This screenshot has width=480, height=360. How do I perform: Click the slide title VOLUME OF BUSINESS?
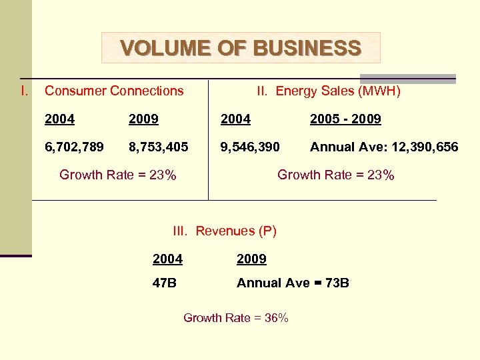(241, 48)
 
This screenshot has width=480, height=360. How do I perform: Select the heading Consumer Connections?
(114, 91)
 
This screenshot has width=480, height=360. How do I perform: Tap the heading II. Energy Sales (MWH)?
(329, 91)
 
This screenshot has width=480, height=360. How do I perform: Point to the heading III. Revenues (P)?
(225, 231)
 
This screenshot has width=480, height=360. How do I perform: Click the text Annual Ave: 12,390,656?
(384, 147)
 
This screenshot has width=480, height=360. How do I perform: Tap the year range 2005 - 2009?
(345, 119)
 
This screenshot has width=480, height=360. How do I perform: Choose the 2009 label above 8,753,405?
(143, 119)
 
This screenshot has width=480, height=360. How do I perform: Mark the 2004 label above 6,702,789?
(59, 119)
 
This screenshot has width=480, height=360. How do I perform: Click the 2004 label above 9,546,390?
(235, 119)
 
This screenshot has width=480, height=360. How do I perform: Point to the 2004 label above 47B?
(167, 259)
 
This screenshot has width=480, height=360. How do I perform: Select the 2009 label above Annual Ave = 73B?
(251, 259)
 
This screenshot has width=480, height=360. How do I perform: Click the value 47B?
(165, 283)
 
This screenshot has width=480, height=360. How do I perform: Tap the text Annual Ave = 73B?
(293, 283)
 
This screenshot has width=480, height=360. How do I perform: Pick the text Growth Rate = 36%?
(236, 318)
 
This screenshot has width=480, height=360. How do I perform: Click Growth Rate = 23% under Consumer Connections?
(118, 175)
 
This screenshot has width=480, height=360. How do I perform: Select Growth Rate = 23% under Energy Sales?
(336, 175)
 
